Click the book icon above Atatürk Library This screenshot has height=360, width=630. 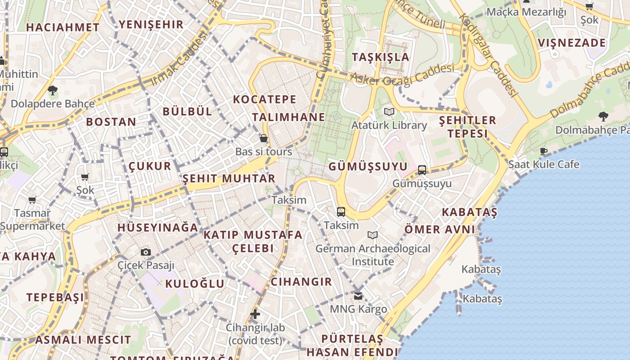[389, 112]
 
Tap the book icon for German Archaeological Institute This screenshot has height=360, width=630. [373, 235]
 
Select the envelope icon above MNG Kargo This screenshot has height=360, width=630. [358, 296]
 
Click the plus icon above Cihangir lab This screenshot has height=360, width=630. [255, 314]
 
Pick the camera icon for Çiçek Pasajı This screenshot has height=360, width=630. [146, 252]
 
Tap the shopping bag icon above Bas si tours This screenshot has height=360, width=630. [264, 138]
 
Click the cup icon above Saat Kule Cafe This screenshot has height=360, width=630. [544, 151]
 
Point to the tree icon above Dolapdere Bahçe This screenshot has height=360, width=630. [53, 90]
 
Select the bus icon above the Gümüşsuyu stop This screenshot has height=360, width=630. [422, 170]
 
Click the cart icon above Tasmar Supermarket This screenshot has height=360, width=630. [32, 199]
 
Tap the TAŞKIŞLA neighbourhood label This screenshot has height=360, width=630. [381, 57]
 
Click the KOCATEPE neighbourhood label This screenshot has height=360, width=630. [265, 99]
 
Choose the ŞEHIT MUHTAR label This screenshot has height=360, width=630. [229, 179]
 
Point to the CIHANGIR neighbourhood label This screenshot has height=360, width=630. [301, 282]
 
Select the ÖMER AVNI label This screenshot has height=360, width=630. [440, 229]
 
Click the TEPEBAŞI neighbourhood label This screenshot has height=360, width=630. [55, 297]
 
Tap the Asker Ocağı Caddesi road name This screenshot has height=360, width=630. [402, 76]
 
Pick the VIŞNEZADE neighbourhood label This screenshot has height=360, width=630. [572, 43]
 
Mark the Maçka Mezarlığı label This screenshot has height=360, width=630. [526, 12]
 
